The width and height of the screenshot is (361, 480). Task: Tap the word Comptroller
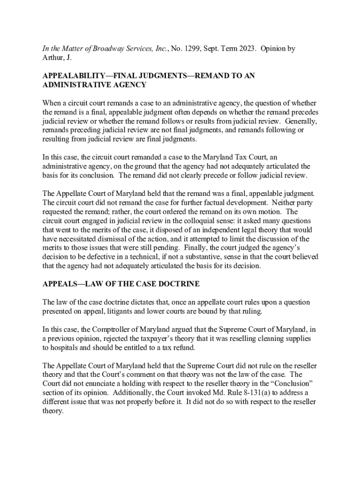pos(106,330)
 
